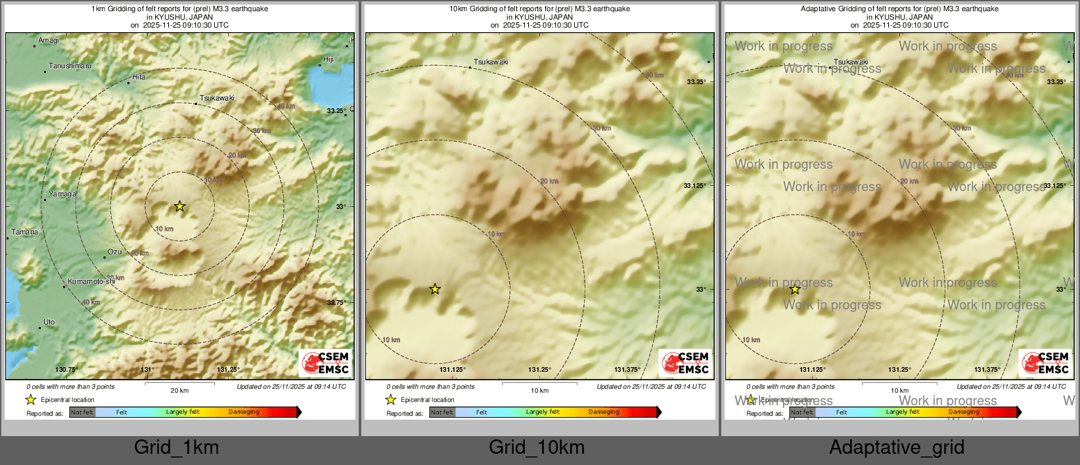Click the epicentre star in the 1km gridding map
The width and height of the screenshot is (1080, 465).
179,206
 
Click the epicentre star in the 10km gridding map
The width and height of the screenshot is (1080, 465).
435,289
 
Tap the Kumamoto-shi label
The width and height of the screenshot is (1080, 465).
91,281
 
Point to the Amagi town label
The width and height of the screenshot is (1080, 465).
49,41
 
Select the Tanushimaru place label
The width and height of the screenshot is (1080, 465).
70,66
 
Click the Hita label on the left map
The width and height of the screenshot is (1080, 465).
139,77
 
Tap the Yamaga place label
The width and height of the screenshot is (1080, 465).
62,194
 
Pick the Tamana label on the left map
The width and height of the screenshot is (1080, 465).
25,232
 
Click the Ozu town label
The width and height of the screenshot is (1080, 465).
115,252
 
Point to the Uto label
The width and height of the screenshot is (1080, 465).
49,322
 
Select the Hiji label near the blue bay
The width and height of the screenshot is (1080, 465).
328,60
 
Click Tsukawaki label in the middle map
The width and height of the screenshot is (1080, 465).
491,62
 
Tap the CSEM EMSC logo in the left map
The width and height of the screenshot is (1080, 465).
326,363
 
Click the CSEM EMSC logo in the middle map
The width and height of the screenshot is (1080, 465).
686,363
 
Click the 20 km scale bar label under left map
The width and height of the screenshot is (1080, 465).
179,391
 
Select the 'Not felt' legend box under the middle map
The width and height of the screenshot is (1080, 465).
442,412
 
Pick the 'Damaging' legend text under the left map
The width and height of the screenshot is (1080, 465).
244,412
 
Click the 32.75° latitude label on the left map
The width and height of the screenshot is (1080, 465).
336,303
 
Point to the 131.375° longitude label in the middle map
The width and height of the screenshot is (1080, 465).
627,370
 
